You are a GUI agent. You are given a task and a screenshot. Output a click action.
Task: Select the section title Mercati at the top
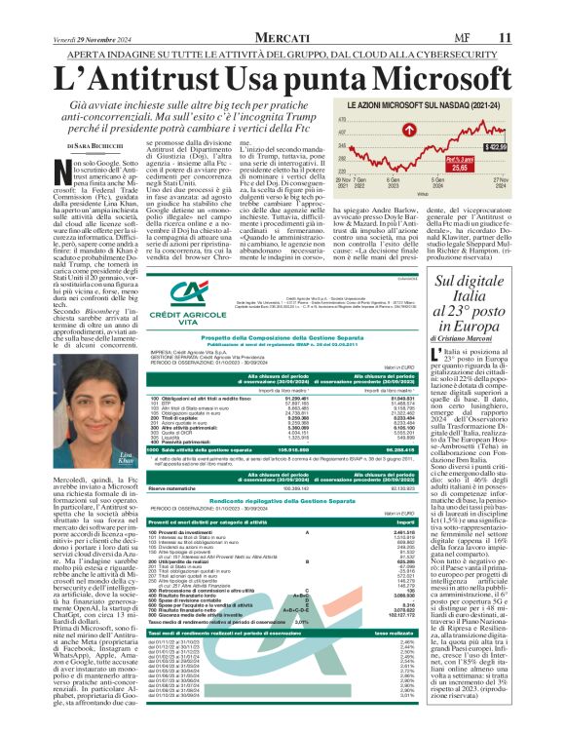coord(282,37)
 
